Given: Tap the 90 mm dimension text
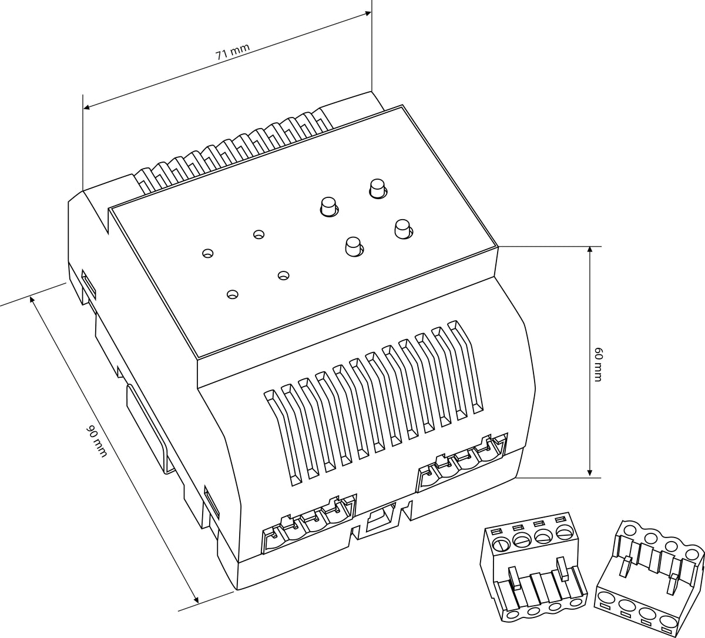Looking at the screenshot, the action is tap(96, 441).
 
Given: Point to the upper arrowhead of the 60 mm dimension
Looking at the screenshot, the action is tap(590, 250).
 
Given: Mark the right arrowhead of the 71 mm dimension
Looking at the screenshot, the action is tap(368, 14).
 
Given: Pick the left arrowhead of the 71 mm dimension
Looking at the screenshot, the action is tap(87, 106).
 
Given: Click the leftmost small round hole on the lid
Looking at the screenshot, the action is tap(208, 253).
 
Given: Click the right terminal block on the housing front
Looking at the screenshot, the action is tap(462, 462).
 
